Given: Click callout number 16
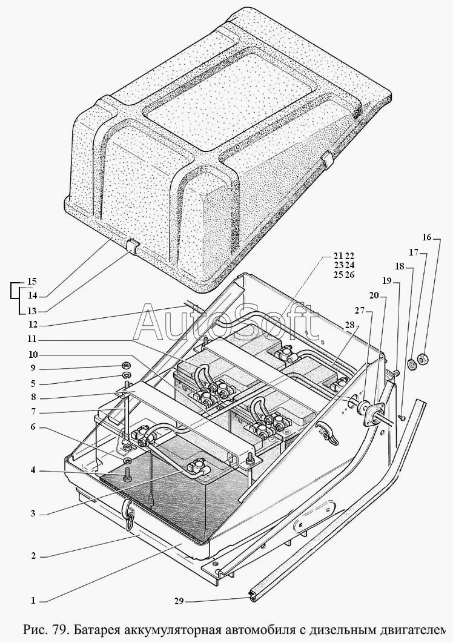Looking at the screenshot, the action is tap(427, 237).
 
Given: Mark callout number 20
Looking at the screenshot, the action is tap(375, 295).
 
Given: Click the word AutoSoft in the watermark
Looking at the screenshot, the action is tap(226, 323).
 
